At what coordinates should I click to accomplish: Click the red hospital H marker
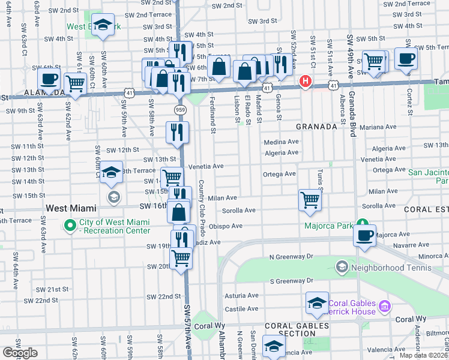[306, 81]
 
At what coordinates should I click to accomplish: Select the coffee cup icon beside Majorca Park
[365, 235]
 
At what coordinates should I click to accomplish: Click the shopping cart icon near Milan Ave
[310, 200]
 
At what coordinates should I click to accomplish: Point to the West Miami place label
[71, 208]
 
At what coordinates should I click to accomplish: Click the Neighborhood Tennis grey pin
[342, 266]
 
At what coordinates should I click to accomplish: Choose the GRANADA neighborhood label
[316, 127]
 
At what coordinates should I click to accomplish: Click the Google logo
[20, 353]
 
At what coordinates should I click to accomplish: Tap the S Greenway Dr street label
[291, 280]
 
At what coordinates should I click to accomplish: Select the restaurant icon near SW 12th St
[177, 133]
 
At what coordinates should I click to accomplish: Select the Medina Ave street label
[281, 142]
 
